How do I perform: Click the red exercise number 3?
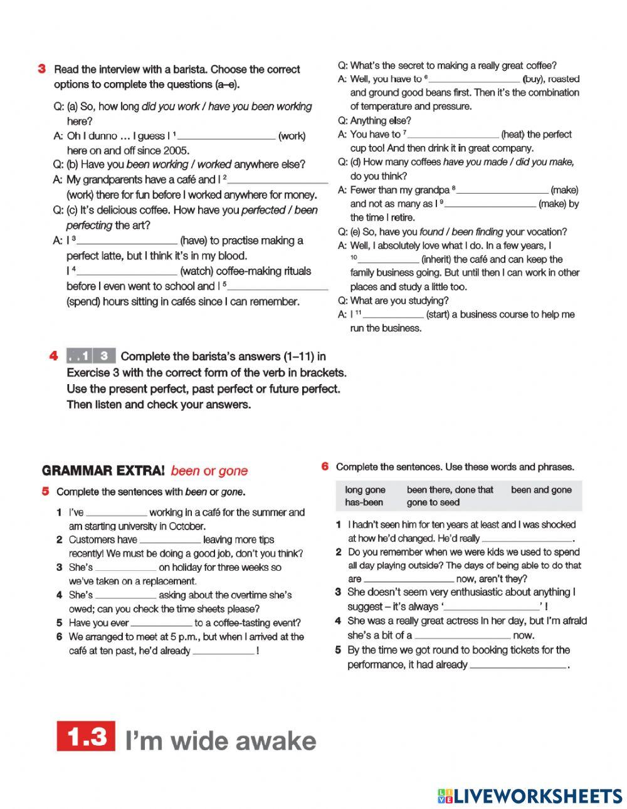tap(41, 69)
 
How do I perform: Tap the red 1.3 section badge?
tap(86, 736)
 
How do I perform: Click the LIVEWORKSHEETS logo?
tap(530, 796)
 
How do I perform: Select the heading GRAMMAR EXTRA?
tap(103, 471)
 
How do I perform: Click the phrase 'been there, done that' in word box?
tap(450, 489)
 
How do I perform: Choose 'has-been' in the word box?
tap(364, 502)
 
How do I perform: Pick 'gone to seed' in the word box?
tap(433, 502)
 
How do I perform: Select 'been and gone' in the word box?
tap(541, 489)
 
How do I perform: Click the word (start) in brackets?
tap(437, 315)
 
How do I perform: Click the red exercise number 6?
tap(325, 466)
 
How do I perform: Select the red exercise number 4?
tap(54, 356)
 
